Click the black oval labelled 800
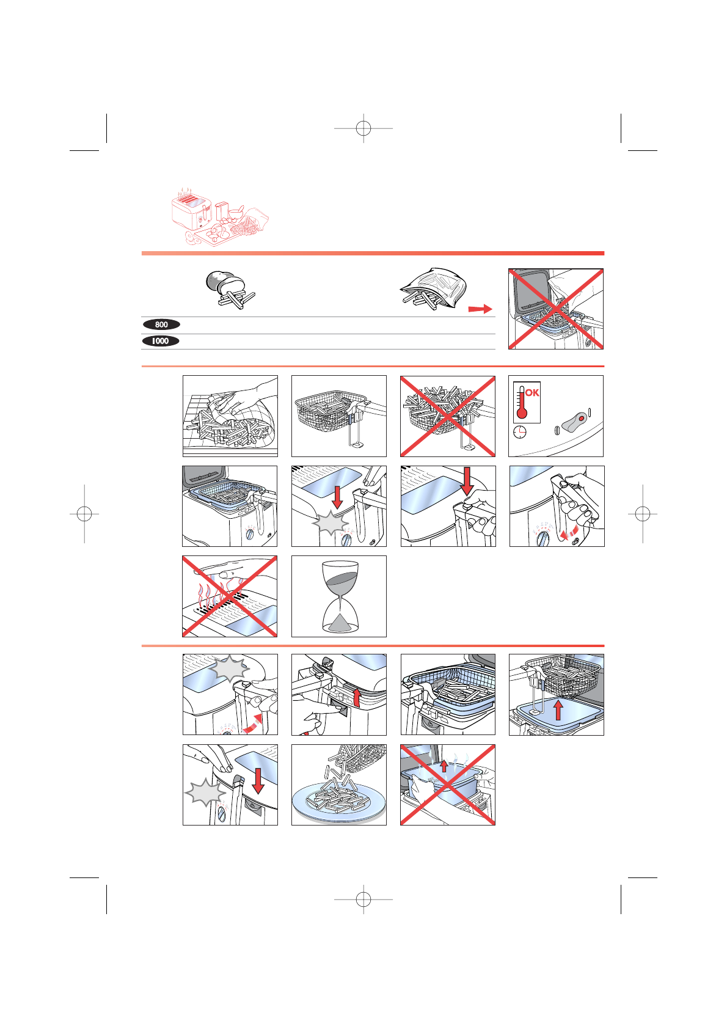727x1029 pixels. point(161,324)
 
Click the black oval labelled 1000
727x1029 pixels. point(160,341)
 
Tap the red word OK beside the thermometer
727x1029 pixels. point(532,393)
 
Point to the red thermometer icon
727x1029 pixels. point(522,403)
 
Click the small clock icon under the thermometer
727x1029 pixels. point(519,432)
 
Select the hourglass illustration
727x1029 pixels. point(340,596)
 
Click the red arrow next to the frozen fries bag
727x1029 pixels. point(480,309)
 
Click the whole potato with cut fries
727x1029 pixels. point(230,290)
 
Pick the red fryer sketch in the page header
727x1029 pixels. point(219,216)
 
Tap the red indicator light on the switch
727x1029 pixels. point(582,419)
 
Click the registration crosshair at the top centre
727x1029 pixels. point(364,128)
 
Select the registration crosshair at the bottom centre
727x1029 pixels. point(364,899)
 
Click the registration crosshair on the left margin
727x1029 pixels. point(84,513)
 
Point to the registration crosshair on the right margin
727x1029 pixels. point(643,513)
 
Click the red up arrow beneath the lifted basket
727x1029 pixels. point(558,710)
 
